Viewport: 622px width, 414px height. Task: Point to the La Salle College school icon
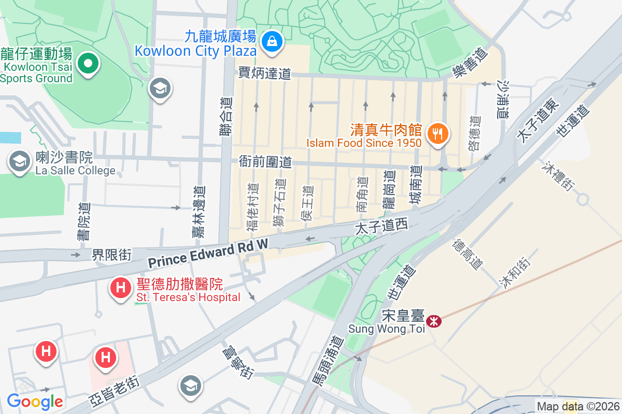(20, 161)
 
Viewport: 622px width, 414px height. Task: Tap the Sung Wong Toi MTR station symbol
(433, 321)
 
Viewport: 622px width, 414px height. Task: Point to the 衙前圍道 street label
(265, 162)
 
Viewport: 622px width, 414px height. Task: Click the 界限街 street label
(111, 255)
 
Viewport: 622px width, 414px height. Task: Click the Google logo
(35, 402)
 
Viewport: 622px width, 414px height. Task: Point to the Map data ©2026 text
(577, 407)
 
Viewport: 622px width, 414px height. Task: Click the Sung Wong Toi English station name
(386, 329)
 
